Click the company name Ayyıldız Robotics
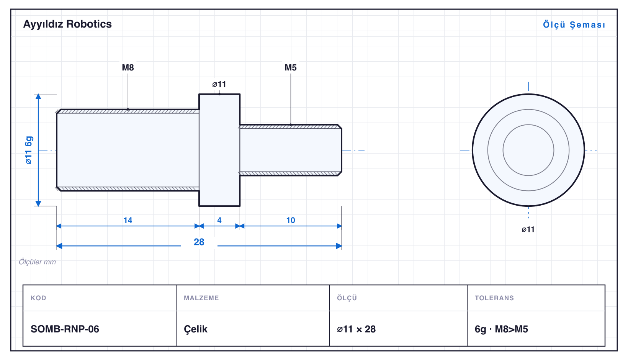point(67,24)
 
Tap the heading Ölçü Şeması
point(574,25)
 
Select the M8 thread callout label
point(128,67)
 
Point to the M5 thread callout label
point(291,67)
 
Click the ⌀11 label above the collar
point(219,84)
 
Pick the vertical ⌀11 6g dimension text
point(29,150)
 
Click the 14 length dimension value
point(128,220)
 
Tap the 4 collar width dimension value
point(219,220)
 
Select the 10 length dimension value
point(291,220)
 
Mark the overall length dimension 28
point(199,242)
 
